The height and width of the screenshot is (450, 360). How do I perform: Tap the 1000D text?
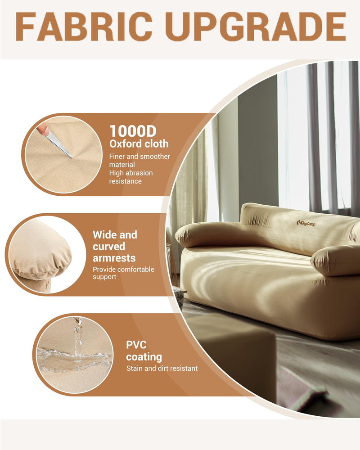click(x=133, y=131)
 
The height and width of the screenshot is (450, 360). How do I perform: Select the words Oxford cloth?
click(x=139, y=144)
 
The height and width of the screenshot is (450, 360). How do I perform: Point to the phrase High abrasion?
click(x=131, y=173)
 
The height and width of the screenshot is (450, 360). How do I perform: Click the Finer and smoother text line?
click(x=139, y=157)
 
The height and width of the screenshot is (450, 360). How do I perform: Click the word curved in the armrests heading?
click(x=109, y=247)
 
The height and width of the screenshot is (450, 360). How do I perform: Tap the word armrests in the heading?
click(x=114, y=258)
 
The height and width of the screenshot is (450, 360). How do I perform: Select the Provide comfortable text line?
click(x=123, y=270)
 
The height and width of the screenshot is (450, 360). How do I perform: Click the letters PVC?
click(x=136, y=345)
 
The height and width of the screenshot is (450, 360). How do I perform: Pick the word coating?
click(x=144, y=357)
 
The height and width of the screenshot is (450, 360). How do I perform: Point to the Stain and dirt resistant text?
click(x=162, y=368)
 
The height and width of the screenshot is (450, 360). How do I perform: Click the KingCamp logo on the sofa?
click(x=306, y=223)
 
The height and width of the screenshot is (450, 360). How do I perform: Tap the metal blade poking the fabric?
click(x=58, y=145)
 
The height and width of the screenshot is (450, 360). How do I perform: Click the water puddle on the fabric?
click(x=73, y=359)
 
